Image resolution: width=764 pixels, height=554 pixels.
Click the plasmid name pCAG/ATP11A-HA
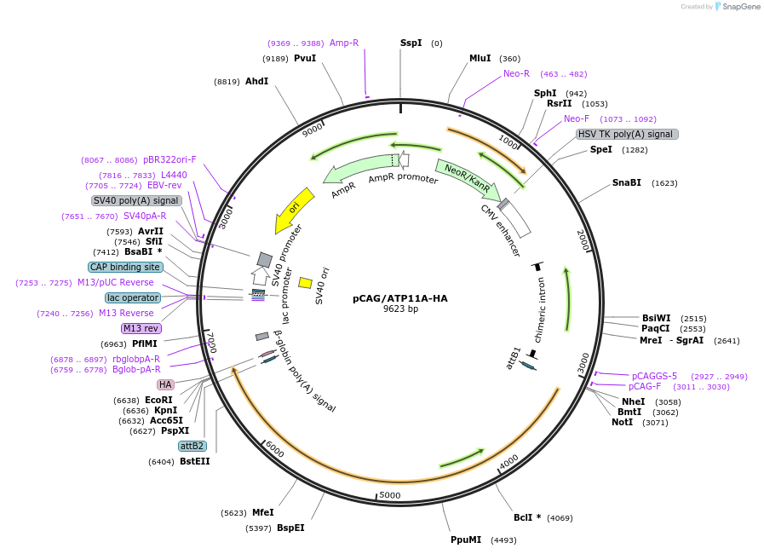tap(400, 298)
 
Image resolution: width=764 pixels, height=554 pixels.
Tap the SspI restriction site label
tap(411, 43)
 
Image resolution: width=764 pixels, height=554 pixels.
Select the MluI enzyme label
tap(480, 58)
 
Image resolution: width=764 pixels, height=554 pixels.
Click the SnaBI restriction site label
tap(627, 183)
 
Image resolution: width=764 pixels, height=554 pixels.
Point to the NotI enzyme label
tap(622, 423)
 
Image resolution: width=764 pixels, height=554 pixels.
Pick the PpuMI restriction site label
tap(466, 540)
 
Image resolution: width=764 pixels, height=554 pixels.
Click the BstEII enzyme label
tap(194, 461)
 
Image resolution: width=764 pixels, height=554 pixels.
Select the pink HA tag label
tap(165, 385)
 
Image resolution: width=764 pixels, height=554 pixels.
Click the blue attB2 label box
tap(192, 446)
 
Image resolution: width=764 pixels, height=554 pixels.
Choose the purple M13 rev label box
tap(141, 328)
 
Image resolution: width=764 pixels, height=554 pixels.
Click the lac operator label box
tap(133, 297)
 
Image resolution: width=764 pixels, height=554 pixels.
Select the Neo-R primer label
tap(516, 73)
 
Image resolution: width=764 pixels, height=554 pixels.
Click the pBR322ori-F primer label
tap(169, 159)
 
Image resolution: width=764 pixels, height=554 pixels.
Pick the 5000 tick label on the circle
tap(389, 495)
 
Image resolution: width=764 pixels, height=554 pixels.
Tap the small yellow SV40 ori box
tap(305, 282)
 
